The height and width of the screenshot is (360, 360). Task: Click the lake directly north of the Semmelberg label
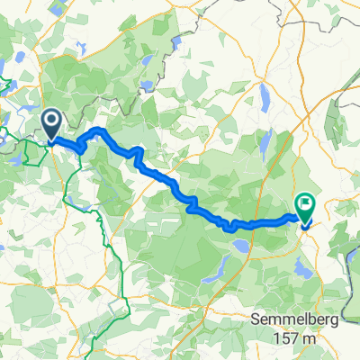point(299,267)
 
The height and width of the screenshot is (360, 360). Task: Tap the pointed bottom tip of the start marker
point(51,139)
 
